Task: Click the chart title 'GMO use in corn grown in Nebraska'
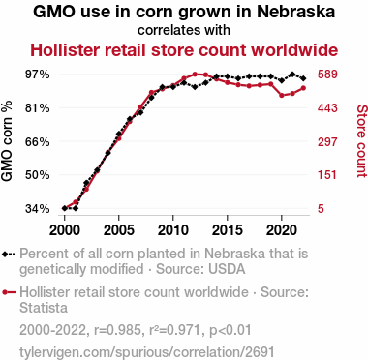tap(184, 13)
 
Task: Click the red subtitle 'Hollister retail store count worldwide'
tap(184, 49)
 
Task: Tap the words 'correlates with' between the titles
tap(184, 31)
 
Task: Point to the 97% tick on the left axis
tap(37, 75)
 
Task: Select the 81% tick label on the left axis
tap(37, 108)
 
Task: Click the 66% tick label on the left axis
tap(37, 141)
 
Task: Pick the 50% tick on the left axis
tap(37, 175)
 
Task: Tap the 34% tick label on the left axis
tap(37, 208)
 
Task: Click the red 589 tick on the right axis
tap(327, 75)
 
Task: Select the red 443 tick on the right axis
tap(327, 108)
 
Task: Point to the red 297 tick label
tap(327, 141)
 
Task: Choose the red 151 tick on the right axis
tap(327, 175)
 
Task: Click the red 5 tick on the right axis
tap(321, 208)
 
